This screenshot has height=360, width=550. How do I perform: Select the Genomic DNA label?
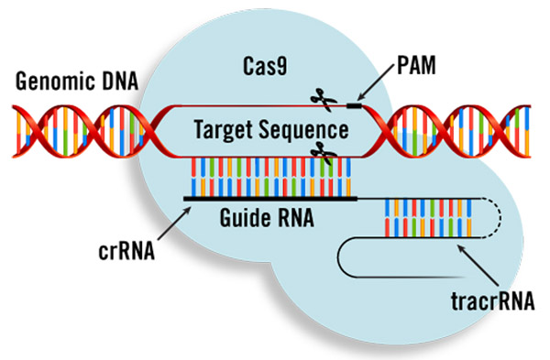77,82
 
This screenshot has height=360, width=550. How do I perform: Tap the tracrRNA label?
496,299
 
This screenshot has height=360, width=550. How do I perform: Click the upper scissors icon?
321,98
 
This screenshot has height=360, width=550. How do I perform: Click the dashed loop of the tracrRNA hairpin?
495,220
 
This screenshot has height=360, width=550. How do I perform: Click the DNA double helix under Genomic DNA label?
78,128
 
